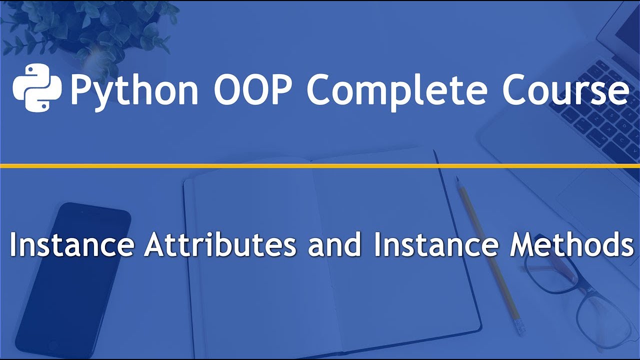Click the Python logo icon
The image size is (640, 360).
click(x=37, y=87)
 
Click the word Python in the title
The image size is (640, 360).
click(x=134, y=90)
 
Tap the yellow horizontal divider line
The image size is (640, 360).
click(x=320, y=165)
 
